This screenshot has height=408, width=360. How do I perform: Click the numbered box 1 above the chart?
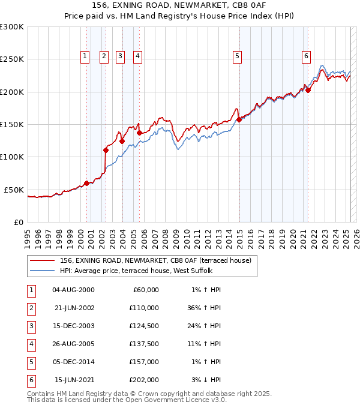click(x=85, y=56)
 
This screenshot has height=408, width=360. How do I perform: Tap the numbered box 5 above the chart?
click(x=238, y=56)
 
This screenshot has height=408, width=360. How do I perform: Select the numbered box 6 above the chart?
click(x=306, y=56)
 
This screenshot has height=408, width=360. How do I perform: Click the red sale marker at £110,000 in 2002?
click(x=106, y=150)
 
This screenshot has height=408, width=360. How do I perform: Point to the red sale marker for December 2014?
click(x=239, y=119)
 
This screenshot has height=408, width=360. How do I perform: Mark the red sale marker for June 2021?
click(x=308, y=91)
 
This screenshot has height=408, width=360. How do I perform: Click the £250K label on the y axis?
click(x=12, y=59)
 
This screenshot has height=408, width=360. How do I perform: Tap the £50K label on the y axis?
click(x=14, y=190)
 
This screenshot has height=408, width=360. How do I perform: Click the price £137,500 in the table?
click(x=144, y=344)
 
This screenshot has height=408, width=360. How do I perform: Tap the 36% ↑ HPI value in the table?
click(x=204, y=308)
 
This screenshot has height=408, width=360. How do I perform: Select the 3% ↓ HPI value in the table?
click(x=206, y=380)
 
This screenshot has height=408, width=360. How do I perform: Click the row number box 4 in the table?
click(x=31, y=344)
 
